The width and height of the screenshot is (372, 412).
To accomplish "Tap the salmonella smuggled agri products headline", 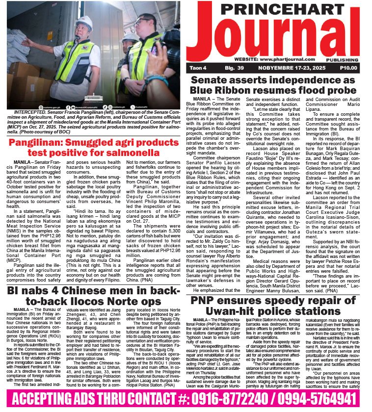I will point(93,149).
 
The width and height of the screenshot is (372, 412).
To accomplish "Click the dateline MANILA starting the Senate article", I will point(202,99).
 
